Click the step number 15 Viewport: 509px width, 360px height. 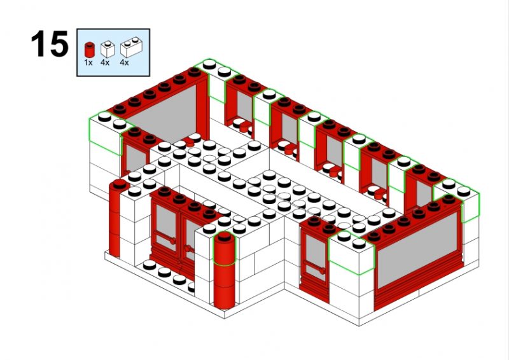(50, 43)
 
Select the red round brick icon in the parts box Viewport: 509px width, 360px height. (88, 50)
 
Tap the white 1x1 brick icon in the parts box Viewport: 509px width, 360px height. (108, 49)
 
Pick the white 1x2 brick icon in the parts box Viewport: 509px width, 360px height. (131, 48)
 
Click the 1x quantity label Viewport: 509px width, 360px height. (88, 63)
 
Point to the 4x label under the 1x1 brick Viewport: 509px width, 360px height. (105, 63)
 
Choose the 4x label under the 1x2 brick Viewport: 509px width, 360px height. (124, 63)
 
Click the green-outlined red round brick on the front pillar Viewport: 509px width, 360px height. (225, 248)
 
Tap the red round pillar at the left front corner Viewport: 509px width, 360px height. (115, 218)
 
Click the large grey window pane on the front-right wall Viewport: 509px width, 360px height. (418, 249)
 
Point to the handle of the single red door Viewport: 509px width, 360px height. (322, 270)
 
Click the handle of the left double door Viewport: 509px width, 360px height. (172, 240)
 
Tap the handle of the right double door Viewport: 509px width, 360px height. (186, 249)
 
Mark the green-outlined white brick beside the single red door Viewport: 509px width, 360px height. (352, 252)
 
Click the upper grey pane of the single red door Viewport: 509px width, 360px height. (316, 249)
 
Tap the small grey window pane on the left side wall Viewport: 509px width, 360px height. (136, 160)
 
